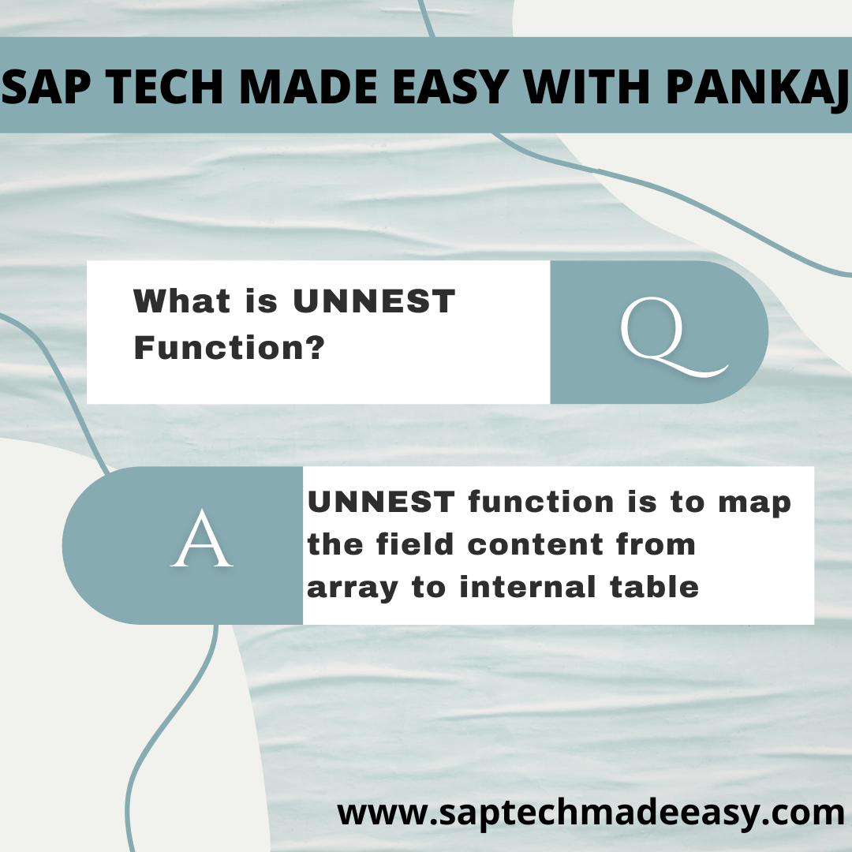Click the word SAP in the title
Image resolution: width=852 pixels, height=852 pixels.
click(44, 87)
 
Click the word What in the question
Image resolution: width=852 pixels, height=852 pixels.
click(182, 301)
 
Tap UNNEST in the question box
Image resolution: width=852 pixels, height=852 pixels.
click(374, 301)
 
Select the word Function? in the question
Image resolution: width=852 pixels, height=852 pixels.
click(230, 347)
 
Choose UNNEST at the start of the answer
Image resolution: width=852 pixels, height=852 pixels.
click(381, 502)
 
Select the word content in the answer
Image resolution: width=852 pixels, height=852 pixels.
click(535, 544)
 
